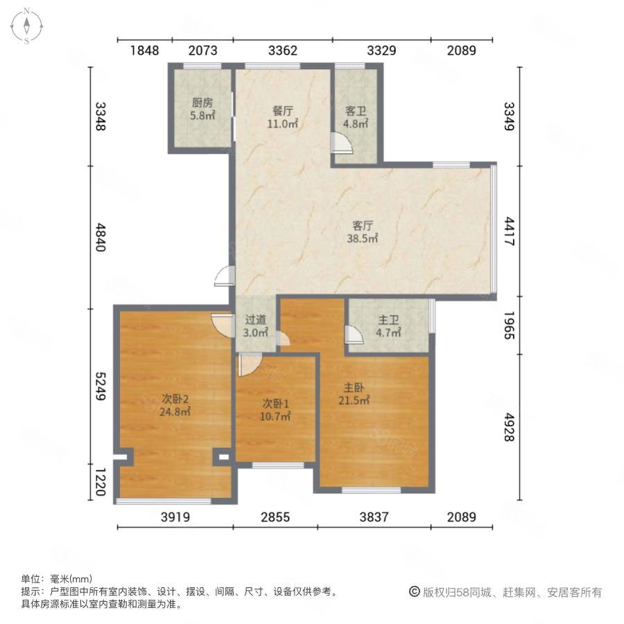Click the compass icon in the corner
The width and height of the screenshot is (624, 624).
tap(26, 26)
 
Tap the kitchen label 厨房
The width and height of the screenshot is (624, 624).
tap(202, 103)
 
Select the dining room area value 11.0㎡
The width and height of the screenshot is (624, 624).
tap(282, 124)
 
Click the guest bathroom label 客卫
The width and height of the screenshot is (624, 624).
tap(356, 111)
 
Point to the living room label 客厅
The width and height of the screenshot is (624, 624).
tap(362, 225)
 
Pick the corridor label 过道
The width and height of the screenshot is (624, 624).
tap(255, 320)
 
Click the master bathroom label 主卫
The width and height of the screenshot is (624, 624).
tap(388, 320)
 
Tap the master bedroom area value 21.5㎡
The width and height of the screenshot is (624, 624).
tap(354, 400)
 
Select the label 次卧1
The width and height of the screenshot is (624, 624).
tap(275, 404)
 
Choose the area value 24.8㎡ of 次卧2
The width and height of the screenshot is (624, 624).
tap(175, 411)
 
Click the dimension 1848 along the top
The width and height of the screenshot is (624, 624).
tap(144, 51)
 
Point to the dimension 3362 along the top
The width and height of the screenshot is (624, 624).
tap(283, 51)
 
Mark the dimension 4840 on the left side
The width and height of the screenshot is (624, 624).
tap(101, 237)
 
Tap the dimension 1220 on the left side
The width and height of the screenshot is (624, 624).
tap(101, 482)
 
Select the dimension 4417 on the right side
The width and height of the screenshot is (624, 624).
tap(510, 231)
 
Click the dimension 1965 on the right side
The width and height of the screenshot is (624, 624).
tap(510, 325)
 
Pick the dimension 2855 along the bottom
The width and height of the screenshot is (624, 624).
tap(275, 517)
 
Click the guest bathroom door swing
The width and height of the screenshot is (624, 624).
tap(342, 144)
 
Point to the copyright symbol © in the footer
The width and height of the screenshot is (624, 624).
tap(415, 592)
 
